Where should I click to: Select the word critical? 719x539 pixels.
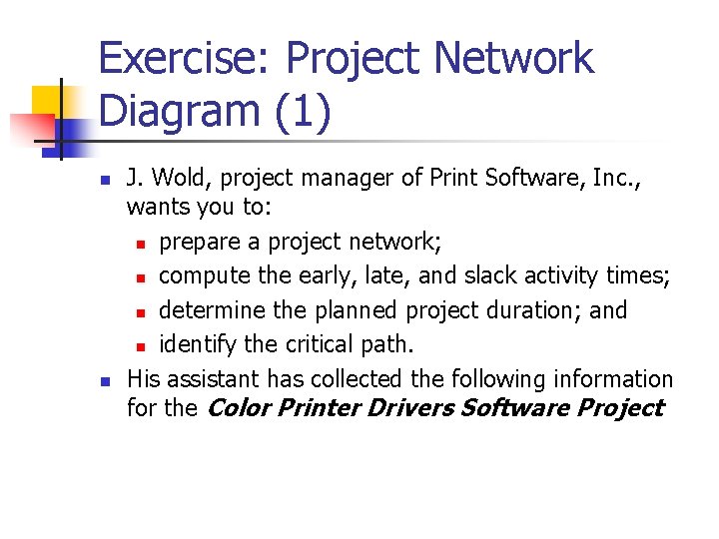pos(318,344)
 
